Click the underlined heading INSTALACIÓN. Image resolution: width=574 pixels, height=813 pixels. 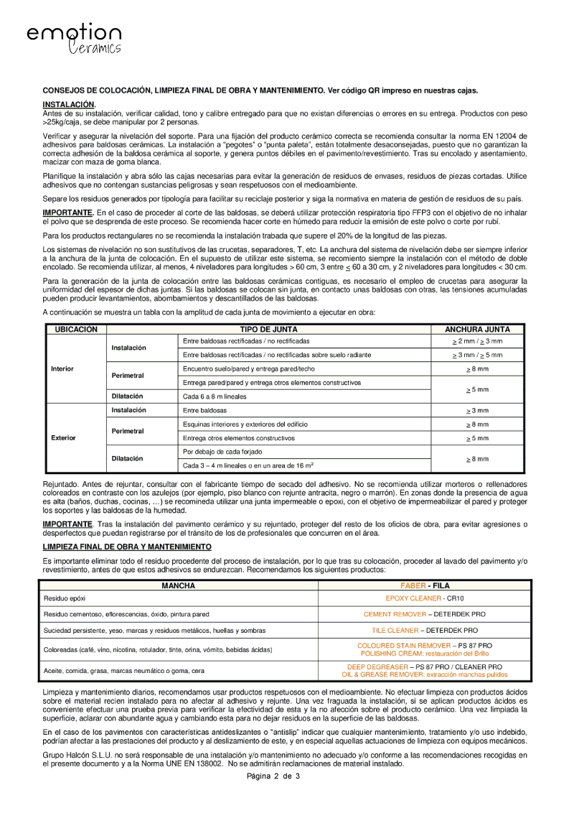69,104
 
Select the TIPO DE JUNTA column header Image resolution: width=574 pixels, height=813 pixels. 269,328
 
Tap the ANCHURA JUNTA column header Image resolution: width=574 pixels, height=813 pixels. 477,328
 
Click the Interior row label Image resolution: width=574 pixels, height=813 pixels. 62,368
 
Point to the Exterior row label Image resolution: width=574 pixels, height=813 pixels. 63,437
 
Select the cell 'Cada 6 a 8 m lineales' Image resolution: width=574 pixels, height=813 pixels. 214,396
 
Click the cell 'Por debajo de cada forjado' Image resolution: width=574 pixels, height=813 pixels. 222,452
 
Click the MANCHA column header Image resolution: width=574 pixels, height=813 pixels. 179,585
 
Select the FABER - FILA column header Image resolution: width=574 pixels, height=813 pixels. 425,585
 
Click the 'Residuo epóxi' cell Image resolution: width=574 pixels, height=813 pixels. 65,598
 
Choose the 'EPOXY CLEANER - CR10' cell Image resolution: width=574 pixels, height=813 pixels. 425,598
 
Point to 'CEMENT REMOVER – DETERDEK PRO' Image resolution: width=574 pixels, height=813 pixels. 425,614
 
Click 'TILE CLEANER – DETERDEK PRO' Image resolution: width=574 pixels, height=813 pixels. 425,630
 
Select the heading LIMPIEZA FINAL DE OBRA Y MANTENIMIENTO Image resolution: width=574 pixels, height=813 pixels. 127,547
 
